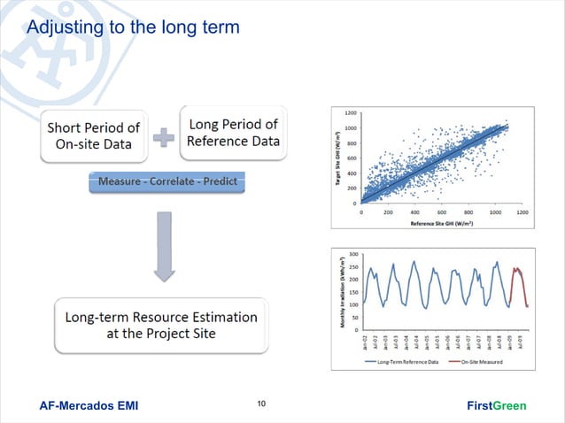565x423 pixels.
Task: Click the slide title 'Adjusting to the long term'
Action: (133, 27)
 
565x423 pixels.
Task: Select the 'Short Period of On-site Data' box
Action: (93, 135)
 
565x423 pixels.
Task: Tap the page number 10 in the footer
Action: (261, 405)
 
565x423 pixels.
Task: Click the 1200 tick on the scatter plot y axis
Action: (352, 113)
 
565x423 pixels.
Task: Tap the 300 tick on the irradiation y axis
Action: (354, 254)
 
